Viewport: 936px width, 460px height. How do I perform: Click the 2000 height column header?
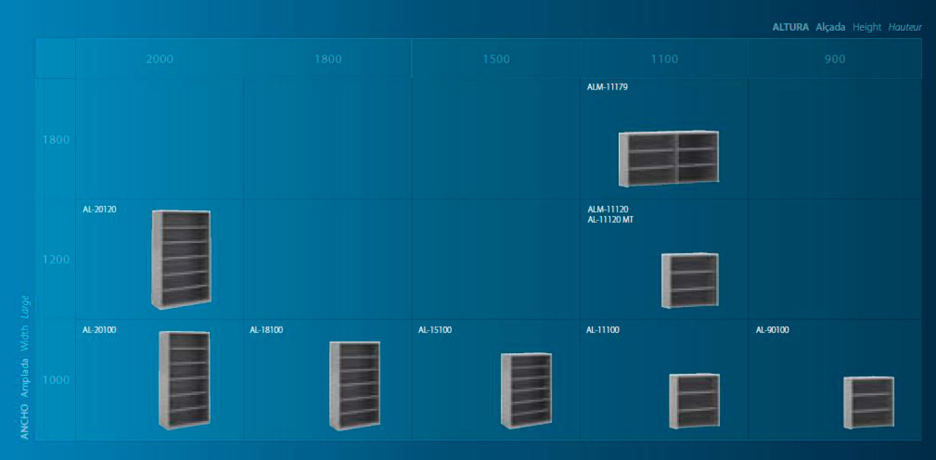click(x=159, y=59)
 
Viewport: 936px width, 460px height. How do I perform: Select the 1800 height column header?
click(x=328, y=59)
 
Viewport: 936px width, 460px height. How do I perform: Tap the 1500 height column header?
click(x=496, y=59)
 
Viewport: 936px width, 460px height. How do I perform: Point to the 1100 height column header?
click(x=664, y=59)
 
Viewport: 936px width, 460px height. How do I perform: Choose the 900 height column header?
click(x=835, y=59)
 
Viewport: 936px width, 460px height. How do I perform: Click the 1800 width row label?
click(x=56, y=140)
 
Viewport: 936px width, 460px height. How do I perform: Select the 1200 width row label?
click(x=56, y=259)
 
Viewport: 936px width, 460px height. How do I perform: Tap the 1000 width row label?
click(x=56, y=380)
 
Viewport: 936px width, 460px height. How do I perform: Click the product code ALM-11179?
click(x=607, y=87)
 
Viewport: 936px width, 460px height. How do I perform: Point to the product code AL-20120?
click(x=99, y=209)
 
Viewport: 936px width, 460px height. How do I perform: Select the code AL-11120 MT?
click(x=610, y=220)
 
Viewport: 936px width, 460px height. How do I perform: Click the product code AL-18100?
click(x=266, y=330)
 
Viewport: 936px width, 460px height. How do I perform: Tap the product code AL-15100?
click(x=435, y=330)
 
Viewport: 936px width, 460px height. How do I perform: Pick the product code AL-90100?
click(x=772, y=330)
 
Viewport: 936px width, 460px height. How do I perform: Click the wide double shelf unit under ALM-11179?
click(x=668, y=158)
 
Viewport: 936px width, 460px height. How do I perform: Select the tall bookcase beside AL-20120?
click(x=181, y=259)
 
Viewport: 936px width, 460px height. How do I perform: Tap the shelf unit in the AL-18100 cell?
click(x=354, y=385)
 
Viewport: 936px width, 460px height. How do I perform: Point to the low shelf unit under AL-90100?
click(x=869, y=402)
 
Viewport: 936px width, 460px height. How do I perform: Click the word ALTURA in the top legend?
click(x=790, y=27)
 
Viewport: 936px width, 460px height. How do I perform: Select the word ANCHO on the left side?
click(x=24, y=422)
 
